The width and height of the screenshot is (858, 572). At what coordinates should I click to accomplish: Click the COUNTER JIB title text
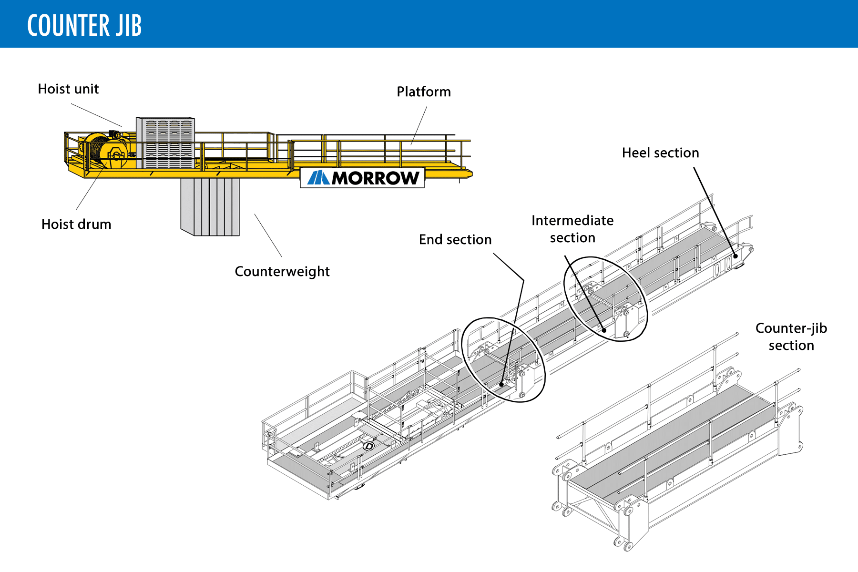tap(84, 25)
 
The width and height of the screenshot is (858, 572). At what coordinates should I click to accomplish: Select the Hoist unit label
tap(68, 89)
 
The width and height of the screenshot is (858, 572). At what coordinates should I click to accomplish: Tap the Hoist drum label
tap(76, 225)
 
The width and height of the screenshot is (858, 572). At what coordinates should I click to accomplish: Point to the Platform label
tap(424, 92)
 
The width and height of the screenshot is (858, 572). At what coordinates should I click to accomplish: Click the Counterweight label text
tap(282, 272)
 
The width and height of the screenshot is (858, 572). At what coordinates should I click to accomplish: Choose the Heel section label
tap(660, 153)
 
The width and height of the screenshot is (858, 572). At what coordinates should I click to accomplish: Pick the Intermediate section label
tap(572, 229)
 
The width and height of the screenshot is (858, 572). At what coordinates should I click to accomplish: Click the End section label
tap(455, 240)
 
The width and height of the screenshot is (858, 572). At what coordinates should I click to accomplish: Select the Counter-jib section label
tap(791, 337)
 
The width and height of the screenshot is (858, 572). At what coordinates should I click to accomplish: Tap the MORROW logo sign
tap(362, 178)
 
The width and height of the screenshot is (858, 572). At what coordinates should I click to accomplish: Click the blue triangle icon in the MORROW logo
tap(318, 178)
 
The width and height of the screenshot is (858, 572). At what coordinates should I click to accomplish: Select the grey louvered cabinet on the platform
tap(165, 142)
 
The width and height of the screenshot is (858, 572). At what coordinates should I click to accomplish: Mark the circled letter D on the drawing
tap(369, 446)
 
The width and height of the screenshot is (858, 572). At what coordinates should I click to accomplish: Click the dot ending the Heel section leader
tap(735, 256)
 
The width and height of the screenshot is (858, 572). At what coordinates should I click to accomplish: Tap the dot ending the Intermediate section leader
tap(604, 330)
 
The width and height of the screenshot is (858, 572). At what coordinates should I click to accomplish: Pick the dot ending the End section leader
tap(501, 384)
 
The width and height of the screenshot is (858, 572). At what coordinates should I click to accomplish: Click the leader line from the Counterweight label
tap(268, 235)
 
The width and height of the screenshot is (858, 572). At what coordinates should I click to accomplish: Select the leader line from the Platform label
tap(419, 125)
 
